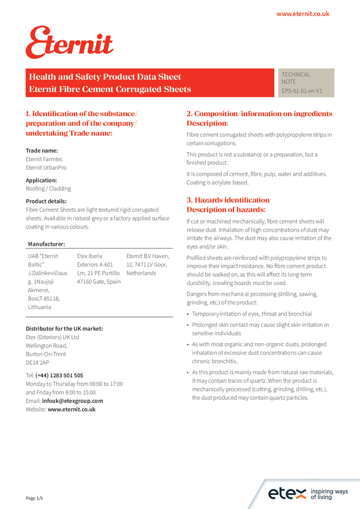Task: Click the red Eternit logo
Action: click(x=69, y=43)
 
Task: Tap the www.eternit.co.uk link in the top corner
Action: click(x=302, y=14)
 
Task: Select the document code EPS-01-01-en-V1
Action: click(x=301, y=91)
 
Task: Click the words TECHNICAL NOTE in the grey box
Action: click(x=296, y=78)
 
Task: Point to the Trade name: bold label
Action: click(x=42, y=151)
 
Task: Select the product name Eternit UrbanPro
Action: click(x=46, y=167)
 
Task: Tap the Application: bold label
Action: click(x=41, y=180)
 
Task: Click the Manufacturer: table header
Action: click(x=46, y=244)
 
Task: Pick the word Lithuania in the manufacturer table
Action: click(x=40, y=307)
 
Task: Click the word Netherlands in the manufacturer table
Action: click(x=141, y=273)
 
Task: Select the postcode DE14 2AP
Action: click(x=38, y=362)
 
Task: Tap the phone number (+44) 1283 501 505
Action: click(x=59, y=375)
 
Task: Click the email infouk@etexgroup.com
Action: click(x=72, y=401)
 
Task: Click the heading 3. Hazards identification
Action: click(x=228, y=200)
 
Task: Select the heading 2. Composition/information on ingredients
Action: click(x=259, y=114)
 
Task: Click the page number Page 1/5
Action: click(x=35, y=498)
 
